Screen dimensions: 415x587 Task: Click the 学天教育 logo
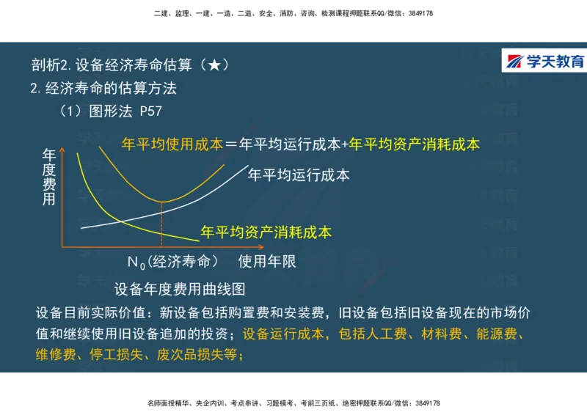[544, 62]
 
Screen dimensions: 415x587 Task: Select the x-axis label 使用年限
[267, 261]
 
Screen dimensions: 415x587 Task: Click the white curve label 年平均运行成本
[299, 175]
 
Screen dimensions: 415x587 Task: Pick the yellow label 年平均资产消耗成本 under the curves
[266, 232]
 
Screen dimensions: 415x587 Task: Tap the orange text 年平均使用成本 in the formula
[172, 144]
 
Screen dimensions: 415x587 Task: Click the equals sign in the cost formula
[231, 145]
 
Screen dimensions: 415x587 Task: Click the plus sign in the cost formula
[344, 145]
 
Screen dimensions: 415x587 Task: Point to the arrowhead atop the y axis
[63, 150]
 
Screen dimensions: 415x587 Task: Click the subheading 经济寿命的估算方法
[111, 89]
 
